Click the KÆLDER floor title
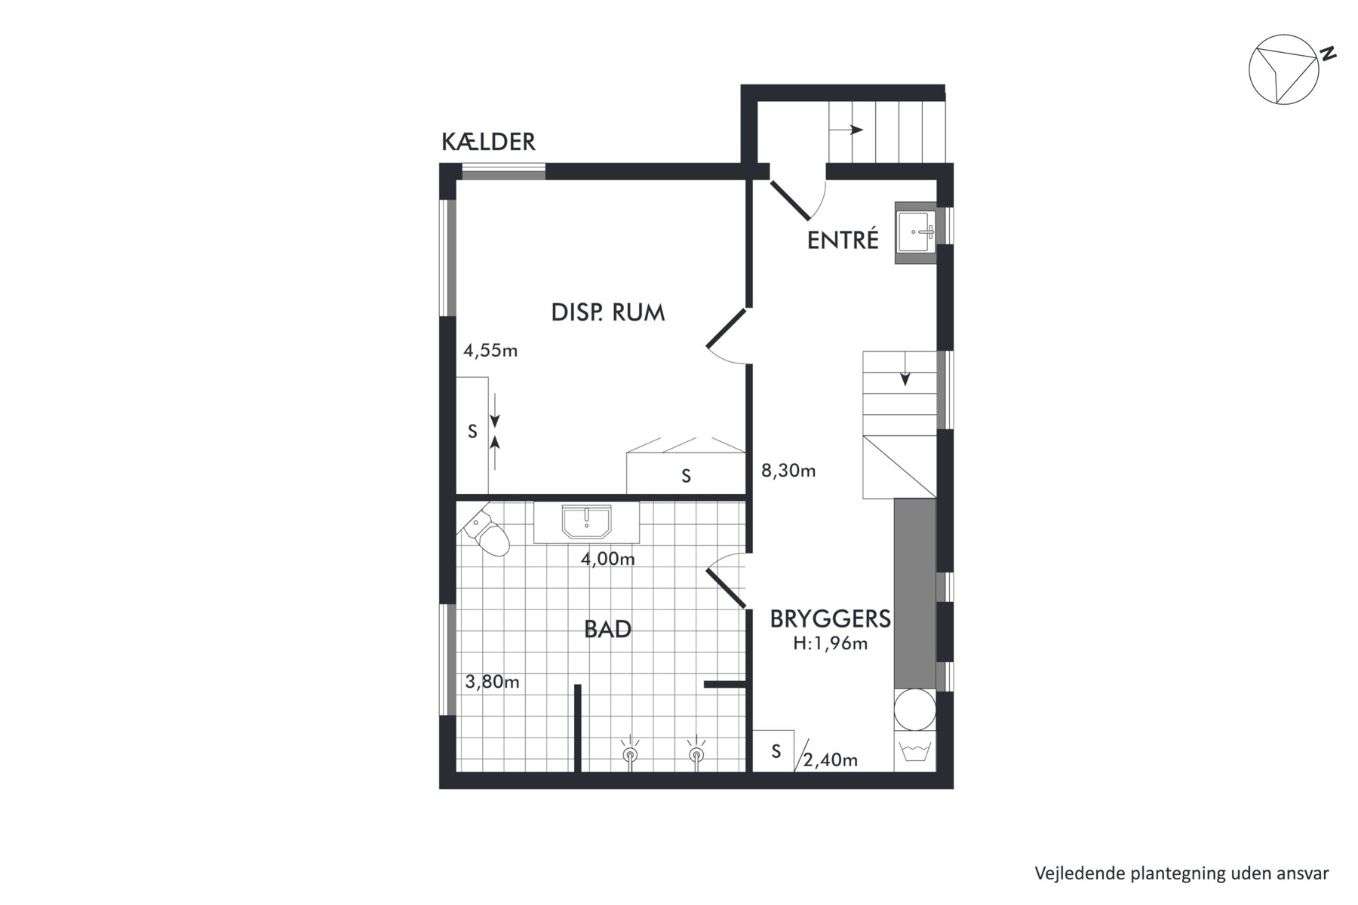tap(488, 142)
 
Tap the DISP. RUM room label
tap(608, 312)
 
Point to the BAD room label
tap(607, 629)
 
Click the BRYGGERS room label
tap(830, 618)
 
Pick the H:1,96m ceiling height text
tap(830, 644)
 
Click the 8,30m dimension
tap(788, 471)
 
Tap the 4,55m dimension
tap(490, 351)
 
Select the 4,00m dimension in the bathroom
tap(607, 559)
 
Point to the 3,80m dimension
tap(492, 683)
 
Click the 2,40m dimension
tap(830, 760)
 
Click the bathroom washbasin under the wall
tap(586, 523)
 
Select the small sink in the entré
tap(915, 232)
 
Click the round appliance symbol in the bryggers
tap(914, 710)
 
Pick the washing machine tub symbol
tap(914, 752)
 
